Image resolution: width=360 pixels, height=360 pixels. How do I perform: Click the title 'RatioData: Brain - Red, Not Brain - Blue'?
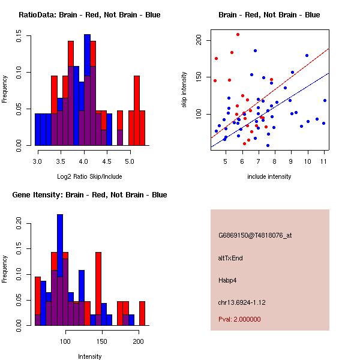point(89,15)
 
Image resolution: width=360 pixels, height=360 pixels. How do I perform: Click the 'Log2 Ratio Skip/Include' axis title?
point(89,177)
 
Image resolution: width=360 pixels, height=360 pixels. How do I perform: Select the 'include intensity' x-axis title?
point(269,177)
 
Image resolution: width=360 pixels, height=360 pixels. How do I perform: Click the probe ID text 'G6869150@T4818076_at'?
point(255,236)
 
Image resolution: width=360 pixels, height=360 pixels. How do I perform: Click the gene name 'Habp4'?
point(228,280)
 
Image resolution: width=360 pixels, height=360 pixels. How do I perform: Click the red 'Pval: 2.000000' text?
point(239,319)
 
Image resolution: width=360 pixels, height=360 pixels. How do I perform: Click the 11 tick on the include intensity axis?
point(324,161)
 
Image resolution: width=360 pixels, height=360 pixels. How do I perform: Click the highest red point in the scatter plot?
point(238,34)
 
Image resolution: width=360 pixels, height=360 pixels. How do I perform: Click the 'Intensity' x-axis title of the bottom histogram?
point(89,357)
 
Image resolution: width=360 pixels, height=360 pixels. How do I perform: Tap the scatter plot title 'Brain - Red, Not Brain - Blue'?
point(269,15)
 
